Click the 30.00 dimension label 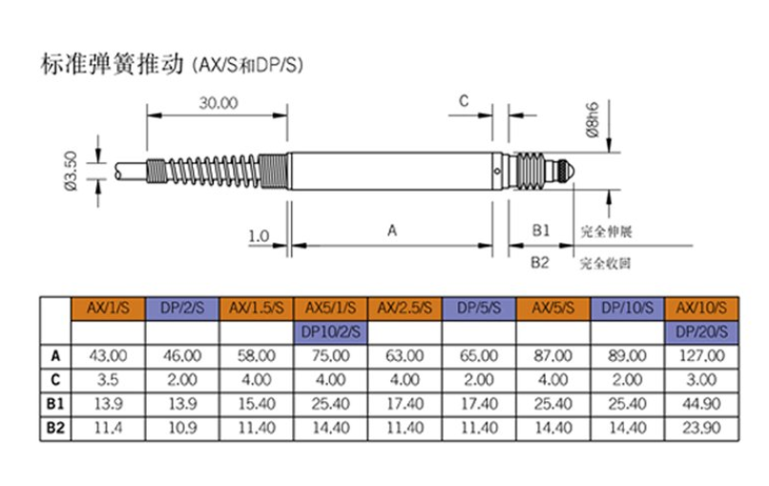(216, 102)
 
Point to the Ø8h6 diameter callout (593, 121)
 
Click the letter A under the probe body (391, 231)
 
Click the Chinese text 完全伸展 (605, 232)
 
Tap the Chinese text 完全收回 (605, 261)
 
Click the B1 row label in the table (56, 401)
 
